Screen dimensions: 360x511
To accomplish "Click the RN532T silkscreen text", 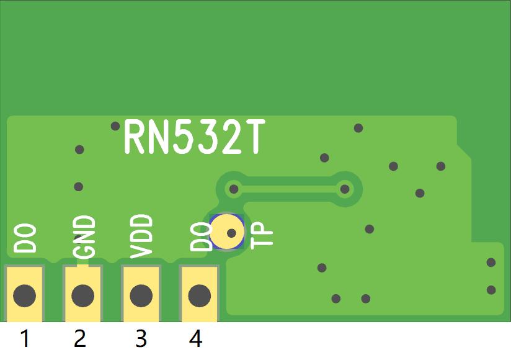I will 194,138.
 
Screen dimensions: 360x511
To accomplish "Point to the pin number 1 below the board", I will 25,339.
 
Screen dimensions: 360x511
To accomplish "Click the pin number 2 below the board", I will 79,339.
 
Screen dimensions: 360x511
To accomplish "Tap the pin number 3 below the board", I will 141,339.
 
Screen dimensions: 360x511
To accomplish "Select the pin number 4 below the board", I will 195,339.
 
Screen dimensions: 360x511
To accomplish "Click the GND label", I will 84,237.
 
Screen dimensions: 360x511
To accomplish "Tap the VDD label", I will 141,237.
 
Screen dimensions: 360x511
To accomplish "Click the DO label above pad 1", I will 25,239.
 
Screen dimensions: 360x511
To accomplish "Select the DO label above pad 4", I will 200,237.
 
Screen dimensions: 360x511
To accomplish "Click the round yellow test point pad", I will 227,232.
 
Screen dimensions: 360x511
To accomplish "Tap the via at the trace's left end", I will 234,188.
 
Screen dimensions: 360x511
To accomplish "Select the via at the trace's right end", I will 344,188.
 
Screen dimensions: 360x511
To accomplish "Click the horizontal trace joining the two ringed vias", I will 289,188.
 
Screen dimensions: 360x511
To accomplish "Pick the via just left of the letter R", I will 115,126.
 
